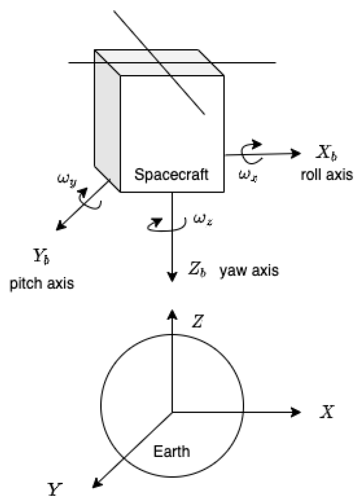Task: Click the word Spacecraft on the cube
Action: tap(171, 175)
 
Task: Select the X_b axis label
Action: tap(326, 153)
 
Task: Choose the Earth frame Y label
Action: tap(56, 489)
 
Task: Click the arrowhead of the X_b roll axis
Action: tap(297, 154)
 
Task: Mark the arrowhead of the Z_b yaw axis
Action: tap(172, 277)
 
